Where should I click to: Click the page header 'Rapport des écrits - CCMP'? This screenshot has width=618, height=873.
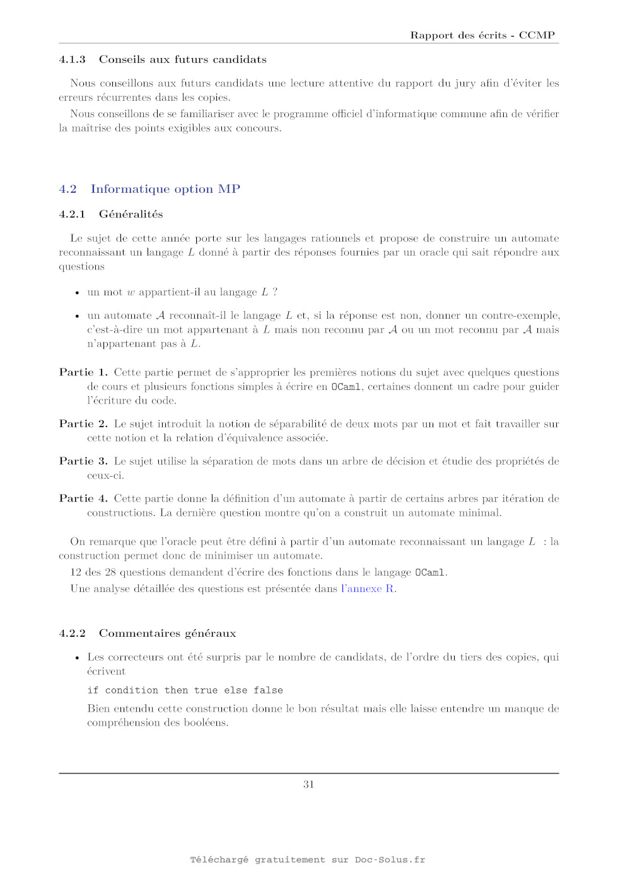[482, 35]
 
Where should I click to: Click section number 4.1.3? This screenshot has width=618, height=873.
[72, 59]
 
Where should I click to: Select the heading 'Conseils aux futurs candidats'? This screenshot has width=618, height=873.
[182, 59]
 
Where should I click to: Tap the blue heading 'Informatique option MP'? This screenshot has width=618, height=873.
[165, 189]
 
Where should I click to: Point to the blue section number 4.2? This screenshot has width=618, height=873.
[67, 189]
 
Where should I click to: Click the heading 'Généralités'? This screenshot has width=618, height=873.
[131, 214]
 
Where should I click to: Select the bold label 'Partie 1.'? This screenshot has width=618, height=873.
[83, 372]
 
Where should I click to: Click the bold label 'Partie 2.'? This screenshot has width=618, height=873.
[83, 424]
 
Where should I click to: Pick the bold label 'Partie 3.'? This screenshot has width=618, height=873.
[83, 461]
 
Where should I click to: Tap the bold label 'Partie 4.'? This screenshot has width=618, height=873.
[83, 498]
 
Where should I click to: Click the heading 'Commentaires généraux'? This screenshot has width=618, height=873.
[167, 633]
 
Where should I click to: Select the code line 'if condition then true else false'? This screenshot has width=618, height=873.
[185, 690]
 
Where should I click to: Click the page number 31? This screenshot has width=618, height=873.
[308, 784]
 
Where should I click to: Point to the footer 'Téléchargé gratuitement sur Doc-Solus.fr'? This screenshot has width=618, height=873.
[308, 860]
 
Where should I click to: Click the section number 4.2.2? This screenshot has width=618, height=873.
[72, 633]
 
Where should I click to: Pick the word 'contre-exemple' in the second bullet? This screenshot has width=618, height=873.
[520, 315]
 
